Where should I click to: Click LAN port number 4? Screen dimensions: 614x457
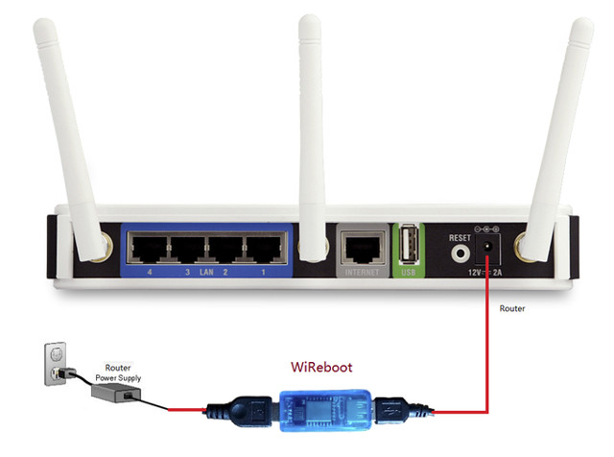click(150, 248)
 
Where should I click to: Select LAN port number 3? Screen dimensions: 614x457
click(188, 248)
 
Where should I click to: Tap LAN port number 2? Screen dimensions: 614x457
click(225, 248)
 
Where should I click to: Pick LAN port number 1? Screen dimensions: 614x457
click(265, 248)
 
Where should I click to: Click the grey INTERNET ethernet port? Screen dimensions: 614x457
click(363, 247)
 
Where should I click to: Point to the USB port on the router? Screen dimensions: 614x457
click(409, 244)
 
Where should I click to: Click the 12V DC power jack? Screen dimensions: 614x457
click(487, 248)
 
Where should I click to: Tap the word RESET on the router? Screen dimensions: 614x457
click(460, 238)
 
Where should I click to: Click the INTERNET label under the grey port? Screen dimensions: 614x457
click(363, 272)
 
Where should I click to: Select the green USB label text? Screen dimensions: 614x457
click(409, 272)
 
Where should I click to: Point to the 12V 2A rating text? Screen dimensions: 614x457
click(484, 272)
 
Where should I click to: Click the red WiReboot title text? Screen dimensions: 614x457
click(321, 368)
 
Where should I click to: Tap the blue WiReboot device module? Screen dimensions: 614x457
click(325, 410)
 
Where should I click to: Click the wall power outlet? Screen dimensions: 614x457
click(56, 364)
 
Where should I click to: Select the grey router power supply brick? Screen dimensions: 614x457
click(116, 393)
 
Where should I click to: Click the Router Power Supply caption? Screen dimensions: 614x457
click(118, 373)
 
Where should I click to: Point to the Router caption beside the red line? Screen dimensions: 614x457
click(512, 308)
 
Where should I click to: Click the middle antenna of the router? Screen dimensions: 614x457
click(311, 138)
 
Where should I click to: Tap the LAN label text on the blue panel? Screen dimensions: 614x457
click(206, 272)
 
